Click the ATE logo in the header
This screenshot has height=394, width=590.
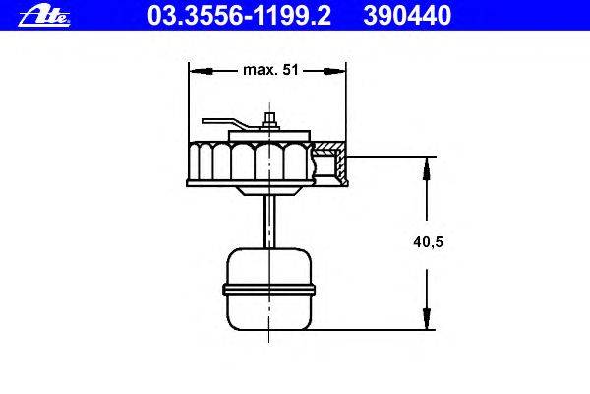[44, 17]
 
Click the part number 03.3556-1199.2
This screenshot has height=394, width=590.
[239, 15]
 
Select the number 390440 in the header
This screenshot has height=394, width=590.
[407, 15]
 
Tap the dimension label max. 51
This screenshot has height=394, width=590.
[270, 70]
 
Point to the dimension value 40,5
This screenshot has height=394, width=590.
[428, 242]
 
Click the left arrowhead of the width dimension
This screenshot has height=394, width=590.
[201, 71]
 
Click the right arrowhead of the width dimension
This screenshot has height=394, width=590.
[334, 71]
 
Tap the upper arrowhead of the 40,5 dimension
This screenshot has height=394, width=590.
[427, 168]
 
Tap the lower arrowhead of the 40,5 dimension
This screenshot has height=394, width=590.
[427, 318]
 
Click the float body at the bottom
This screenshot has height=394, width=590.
[269, 289]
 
